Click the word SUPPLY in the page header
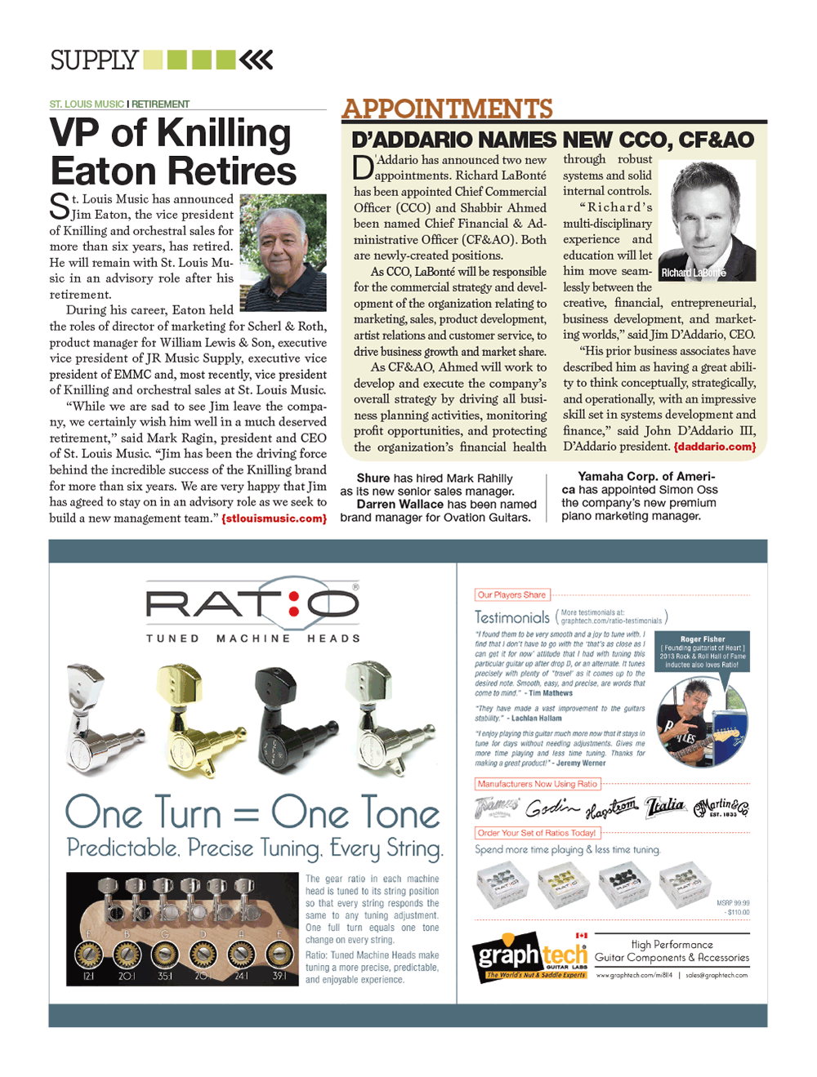pos(94,60)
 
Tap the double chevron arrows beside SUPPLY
pos(257,60)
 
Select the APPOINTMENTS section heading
pos(447,109)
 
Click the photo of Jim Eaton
pos(283,252)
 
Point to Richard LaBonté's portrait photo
pos(707,220)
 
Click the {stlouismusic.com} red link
pos(274,518)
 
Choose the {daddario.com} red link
pos(714,447)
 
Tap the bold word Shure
pos(373,478)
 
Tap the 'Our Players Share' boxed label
pos(511,595)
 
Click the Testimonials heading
pos(512,618)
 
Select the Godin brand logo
pos(552,808)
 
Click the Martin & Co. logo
pos(721,808)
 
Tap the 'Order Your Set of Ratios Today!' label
pos(537,834)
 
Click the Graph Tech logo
pos(529,956)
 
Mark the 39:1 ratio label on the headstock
pos(279,976)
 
